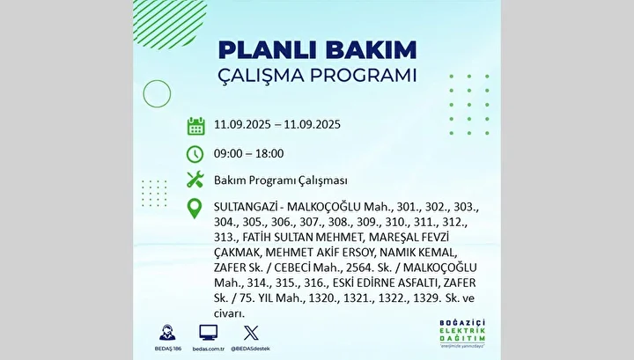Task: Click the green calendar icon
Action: coord(195,126)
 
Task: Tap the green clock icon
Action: coord(195,154)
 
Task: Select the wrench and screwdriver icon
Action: coord(195,180)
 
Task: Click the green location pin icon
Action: coord(195,209)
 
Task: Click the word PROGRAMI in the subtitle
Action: coord(363,75)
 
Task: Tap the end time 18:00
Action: coord(269,153)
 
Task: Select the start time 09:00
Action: coord(228,153)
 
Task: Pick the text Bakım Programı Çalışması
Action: coord(281,180)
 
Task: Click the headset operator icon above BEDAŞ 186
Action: coord(167,333)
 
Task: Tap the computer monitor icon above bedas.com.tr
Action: coord(208,333)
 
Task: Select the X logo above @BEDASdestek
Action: coord(251,333)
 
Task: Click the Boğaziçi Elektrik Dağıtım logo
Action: coord(462,334)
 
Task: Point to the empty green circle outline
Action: coord(157,80)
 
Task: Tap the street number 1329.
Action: coord(426,298)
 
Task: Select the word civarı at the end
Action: coord(229,313)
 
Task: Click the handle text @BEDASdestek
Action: coord(250,349)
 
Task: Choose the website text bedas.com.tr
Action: coord(208,349)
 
